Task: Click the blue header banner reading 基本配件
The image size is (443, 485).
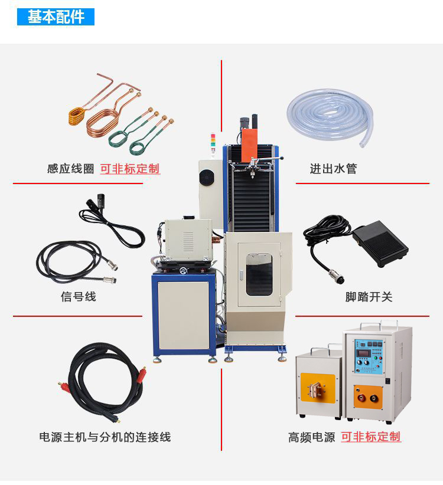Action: (56, 17)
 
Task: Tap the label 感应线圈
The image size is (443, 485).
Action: (70, 169)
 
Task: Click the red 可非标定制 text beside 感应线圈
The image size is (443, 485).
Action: (130, 169)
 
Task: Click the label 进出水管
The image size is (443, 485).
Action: (333, 169)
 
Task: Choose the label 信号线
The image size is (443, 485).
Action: (78, 297)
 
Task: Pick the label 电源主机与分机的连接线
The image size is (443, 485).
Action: (105, 437)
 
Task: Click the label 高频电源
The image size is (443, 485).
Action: (311, 437)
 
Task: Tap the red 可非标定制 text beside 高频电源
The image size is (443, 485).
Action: (371, 437)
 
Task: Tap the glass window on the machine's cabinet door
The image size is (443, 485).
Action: (259, 275)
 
